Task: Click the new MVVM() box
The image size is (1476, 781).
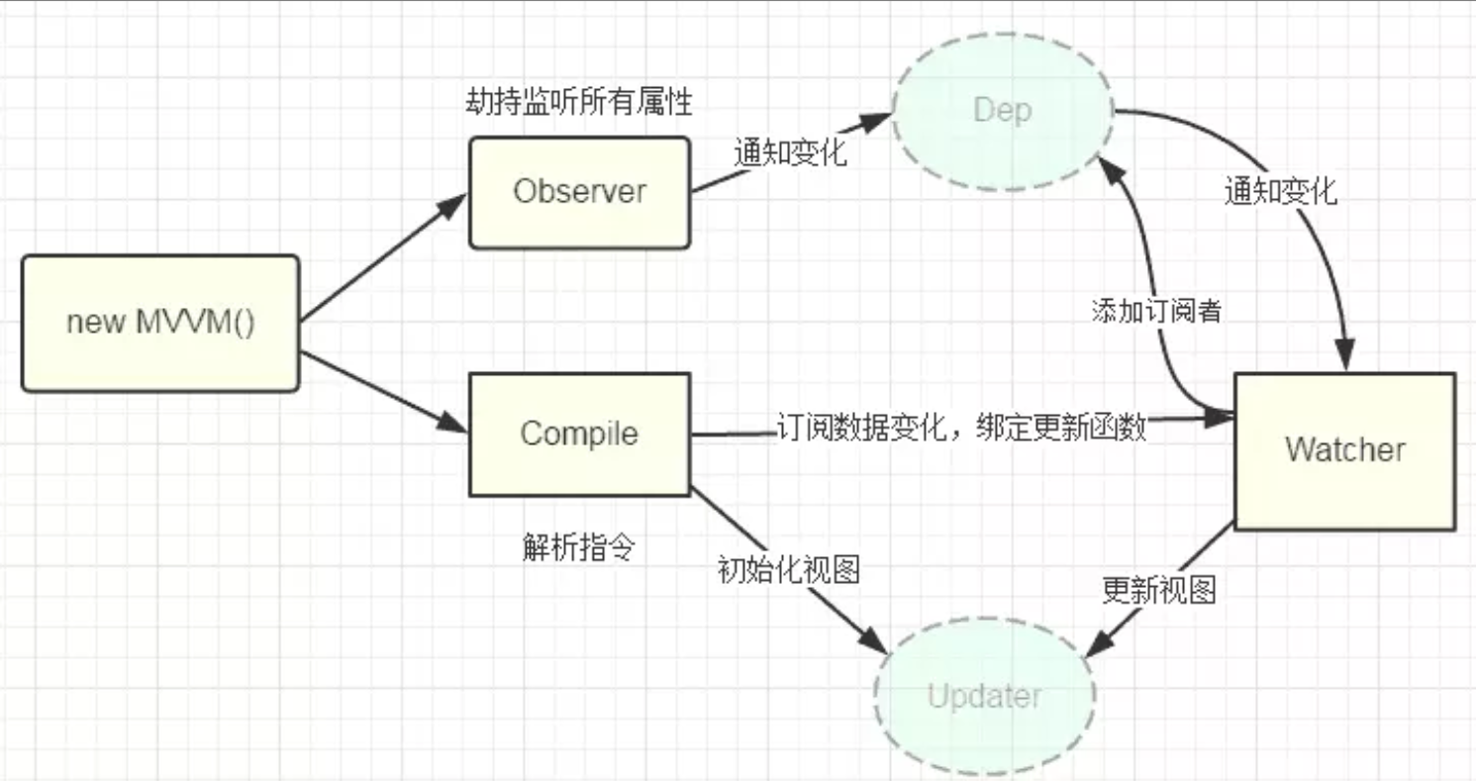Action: (x=160, y=324)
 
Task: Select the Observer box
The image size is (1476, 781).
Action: (x=579, y=192)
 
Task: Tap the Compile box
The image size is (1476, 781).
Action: (x=579, y=434)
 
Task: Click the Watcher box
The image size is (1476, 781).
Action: (x=1344, y=450)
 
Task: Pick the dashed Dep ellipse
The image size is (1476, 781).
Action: (x=1003, y=110)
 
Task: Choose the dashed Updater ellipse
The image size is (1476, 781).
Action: (x=984, y=697)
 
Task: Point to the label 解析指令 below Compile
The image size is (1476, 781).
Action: (x=578, y=548)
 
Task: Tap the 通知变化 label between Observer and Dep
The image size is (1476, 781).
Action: (x=790, y=153)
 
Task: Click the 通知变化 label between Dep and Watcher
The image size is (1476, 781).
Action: (x=1279, y=191)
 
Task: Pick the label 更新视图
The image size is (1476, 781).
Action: (x=1158, y=591)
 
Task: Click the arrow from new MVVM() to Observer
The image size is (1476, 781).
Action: (x=381, y=259)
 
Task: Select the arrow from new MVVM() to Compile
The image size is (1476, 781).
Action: (x=381, y=392)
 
